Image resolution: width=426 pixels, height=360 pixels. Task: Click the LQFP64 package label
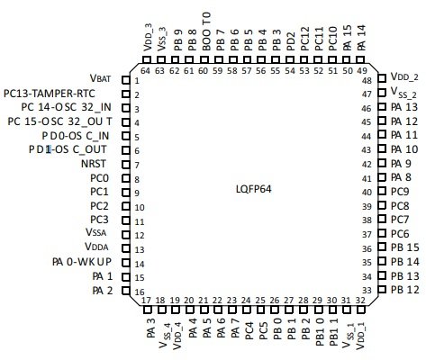tap(254, 189)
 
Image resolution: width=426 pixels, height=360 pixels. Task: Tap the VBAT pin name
tap(100, 78)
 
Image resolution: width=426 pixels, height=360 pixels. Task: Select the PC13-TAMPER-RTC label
tap(50, 94)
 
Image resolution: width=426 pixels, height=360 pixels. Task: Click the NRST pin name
tap(94, 164)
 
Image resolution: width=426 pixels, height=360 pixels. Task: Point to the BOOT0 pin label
tap(206, 31)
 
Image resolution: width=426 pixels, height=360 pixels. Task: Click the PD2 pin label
tap(291, 41)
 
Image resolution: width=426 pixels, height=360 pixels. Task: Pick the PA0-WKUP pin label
tap(82, 262)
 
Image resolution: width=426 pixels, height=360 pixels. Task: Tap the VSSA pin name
tap(96, 232)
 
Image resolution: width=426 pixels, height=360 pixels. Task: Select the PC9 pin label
tap(400, 192)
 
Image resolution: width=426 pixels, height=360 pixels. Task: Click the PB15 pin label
tap(405, 247)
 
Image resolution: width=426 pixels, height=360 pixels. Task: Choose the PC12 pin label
tap(304, 39)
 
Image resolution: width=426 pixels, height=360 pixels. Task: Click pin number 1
tap(137, 81)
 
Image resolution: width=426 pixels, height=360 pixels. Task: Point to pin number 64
tap(145, 71)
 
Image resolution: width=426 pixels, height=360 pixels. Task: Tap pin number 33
tap(367, 291)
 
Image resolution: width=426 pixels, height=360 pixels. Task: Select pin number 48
tap(367, 81)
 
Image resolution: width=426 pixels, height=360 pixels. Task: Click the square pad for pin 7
tap(126, 165)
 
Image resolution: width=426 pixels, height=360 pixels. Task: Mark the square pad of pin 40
tap(382, 191)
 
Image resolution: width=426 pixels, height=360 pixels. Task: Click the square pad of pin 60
tap(204, 59)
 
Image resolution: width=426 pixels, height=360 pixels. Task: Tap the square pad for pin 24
tap(247, 310)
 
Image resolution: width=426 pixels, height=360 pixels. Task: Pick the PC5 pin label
tap(263, 330)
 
